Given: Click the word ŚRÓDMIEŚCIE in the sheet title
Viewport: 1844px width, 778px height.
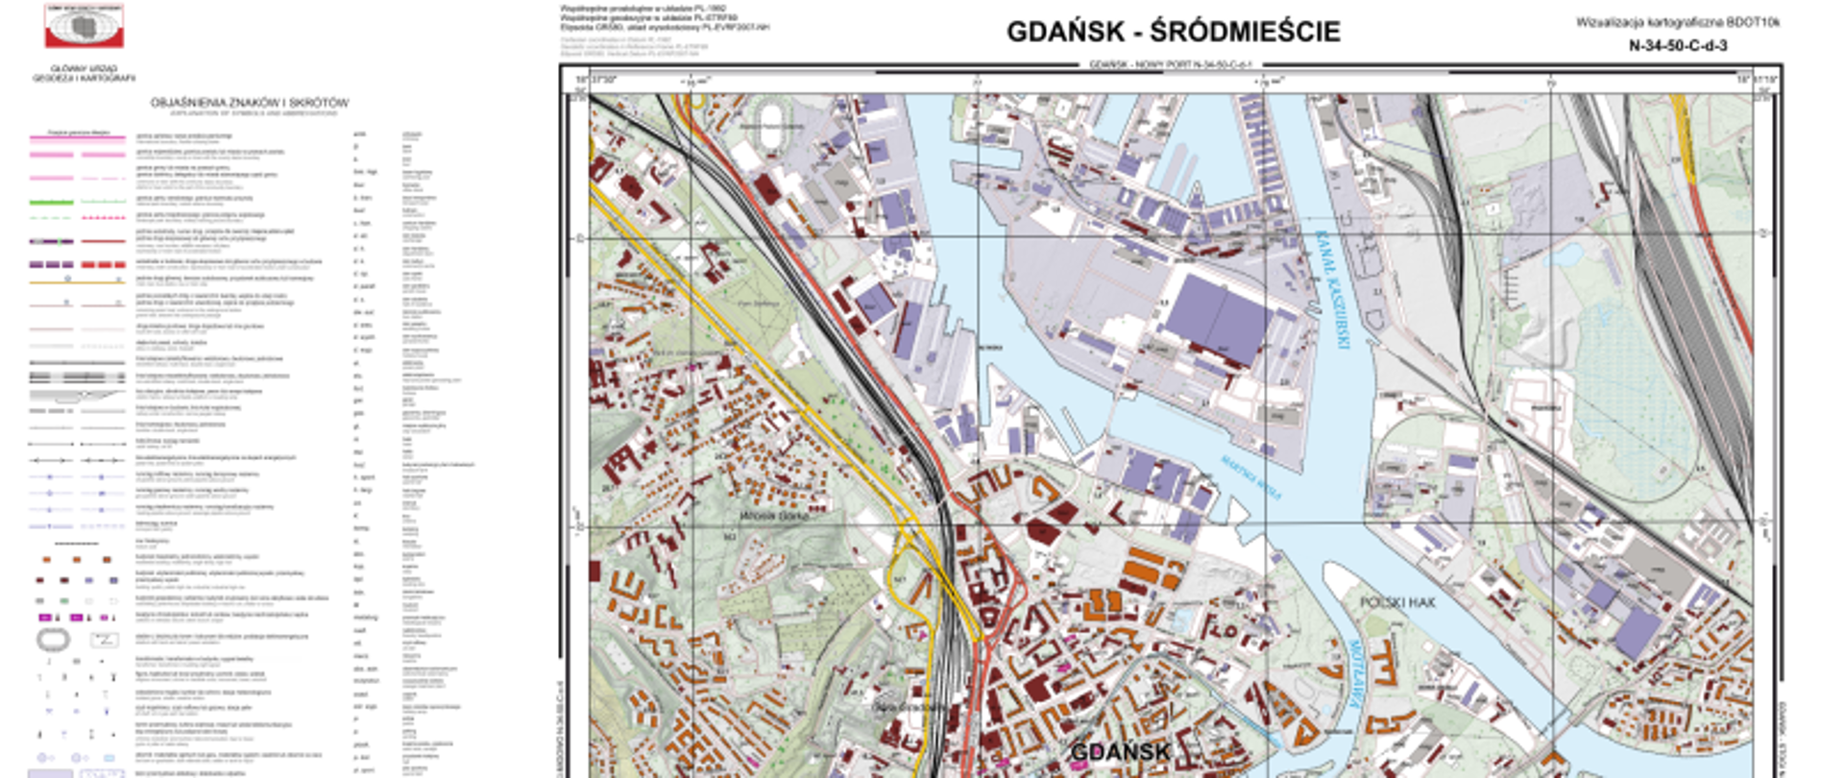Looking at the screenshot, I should point(1245,32).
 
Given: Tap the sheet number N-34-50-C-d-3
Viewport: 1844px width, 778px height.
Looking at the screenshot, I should point(1677,45).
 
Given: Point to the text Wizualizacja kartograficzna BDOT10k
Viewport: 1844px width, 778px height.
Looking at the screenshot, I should point(1677,22).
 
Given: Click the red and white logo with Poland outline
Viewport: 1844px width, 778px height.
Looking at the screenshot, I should point(85,26).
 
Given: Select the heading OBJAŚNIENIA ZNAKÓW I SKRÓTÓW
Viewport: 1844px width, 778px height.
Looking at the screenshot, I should point(250,103).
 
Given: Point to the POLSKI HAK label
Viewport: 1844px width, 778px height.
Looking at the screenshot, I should point(1396,602).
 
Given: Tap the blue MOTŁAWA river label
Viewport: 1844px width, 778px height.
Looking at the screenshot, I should point(1354,672).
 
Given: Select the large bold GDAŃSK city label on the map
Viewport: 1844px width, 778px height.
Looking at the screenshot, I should point(1120,751).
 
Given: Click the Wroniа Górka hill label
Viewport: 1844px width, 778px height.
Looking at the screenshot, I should point(775,516).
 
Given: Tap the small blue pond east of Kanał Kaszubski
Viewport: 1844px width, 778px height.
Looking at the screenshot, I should point(1564,255).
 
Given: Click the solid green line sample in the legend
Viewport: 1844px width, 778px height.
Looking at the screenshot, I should point(52,202).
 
